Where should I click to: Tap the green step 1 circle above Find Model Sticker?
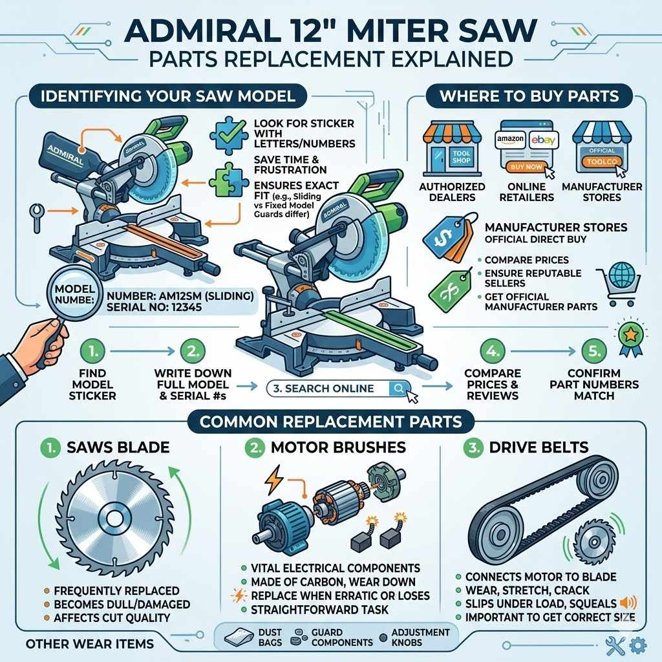[x=92, y=351]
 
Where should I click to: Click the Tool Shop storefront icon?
[x=453, y=150]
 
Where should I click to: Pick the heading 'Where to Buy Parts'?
[x=529, y=96]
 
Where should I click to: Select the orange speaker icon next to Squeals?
[x=626, y=603]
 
